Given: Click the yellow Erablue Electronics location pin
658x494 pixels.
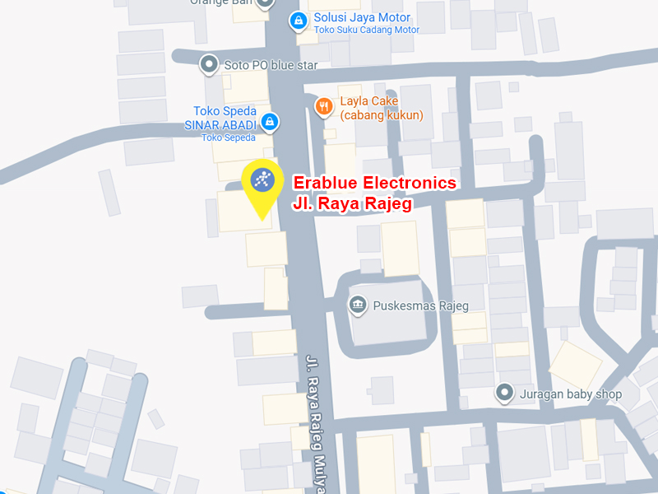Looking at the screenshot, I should (262, 184).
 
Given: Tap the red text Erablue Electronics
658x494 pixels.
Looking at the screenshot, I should (374, 183).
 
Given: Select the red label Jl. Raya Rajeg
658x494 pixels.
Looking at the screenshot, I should (352, 203).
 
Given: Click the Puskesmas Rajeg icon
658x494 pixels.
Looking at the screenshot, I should (358, 305).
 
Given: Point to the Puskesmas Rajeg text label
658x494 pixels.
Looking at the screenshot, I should (421, 306).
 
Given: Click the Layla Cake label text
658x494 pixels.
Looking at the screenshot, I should (369, 101).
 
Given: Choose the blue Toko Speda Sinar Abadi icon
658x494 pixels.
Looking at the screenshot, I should (269, 123).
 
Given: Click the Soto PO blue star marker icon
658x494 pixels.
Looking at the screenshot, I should (210, 63).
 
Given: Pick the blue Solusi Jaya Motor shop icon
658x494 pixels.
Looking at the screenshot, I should (297, 21).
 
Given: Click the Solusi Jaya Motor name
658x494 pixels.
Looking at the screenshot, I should (362, 17).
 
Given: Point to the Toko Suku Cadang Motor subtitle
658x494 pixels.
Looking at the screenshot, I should (367, 30).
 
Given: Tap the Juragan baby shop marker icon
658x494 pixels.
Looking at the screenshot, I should (504, 394).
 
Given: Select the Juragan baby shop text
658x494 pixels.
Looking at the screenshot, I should (571, 394).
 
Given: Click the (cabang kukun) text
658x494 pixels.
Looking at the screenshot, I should (382, 115).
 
